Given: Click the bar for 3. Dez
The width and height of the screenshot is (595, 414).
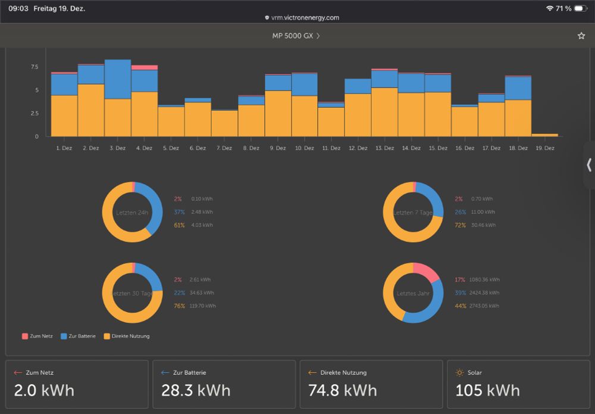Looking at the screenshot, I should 118,98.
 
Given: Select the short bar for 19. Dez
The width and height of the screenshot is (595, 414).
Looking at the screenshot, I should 544,135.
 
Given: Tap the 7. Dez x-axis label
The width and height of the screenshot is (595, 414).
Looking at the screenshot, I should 224,148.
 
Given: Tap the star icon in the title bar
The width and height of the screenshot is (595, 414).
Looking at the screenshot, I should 581,36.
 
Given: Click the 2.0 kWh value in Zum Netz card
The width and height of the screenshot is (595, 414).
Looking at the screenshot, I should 44,390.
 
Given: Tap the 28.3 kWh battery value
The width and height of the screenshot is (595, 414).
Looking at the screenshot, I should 196,390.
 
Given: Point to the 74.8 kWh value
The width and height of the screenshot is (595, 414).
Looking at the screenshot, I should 343,390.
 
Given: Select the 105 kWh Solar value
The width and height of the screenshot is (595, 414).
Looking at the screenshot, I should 487,390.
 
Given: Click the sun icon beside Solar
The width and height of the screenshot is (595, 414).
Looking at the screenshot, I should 459,373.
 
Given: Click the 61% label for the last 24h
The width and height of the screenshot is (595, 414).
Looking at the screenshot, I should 179,225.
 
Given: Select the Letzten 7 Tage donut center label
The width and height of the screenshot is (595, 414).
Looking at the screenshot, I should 413,213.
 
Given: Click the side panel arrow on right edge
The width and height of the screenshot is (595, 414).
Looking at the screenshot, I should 589,165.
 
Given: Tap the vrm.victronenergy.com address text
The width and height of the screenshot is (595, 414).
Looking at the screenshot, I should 305,18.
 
